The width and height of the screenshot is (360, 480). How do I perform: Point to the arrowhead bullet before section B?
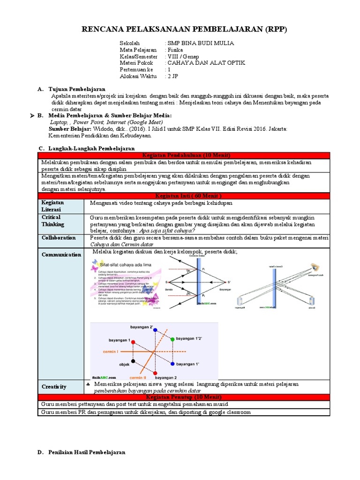point(32,116)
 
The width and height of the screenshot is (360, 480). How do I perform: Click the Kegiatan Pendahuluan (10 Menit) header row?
point(183,155)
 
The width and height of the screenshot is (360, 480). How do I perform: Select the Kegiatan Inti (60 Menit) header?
point(183,195)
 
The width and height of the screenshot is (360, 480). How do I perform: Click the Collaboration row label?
point(59,238)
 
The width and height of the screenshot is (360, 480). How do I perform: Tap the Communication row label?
point(61,255)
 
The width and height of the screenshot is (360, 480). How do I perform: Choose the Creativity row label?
point(54,387)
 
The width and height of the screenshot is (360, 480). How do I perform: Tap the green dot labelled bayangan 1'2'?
point(172,339)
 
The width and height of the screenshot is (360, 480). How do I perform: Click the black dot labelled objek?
point(134,361)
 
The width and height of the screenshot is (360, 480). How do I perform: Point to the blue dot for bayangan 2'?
point(155,330)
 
